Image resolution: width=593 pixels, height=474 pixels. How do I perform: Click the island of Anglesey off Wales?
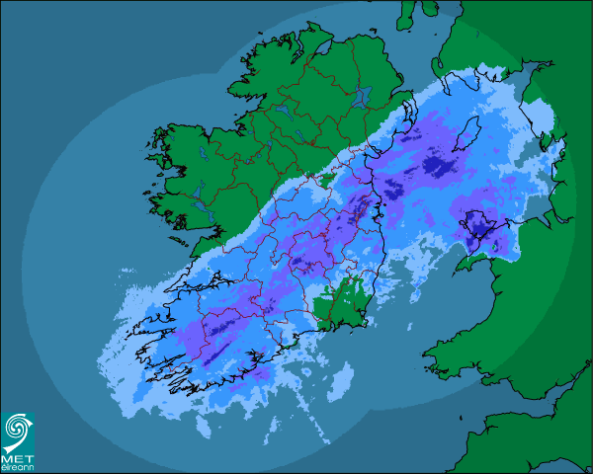(478, 228)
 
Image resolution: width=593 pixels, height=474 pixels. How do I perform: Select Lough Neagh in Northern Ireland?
(362, 98)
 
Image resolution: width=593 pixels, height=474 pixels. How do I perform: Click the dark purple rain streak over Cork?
(222, 346)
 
